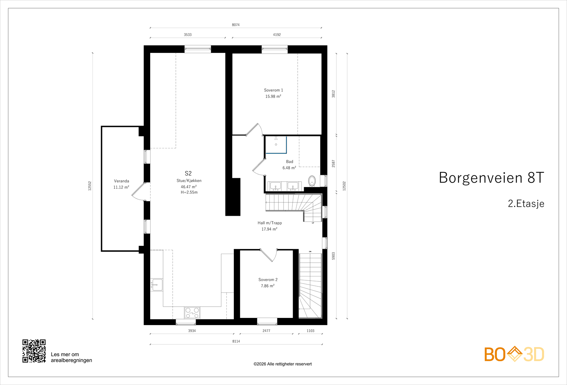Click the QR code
coord(34,351)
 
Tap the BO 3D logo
coord(514,354)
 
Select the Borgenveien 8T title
coord(491,178)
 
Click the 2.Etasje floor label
coord(526,204)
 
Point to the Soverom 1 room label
coord(273,90)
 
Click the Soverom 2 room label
coord(268,280)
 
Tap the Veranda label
coord(122,181)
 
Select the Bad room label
coord(290,162)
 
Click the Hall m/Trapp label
coord(270,223)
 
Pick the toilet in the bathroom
coord(312,181)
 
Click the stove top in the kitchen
coord(192,313)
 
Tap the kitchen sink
coord(157,285)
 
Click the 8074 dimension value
coord(236,25)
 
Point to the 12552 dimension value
coord(90,186)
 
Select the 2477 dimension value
coord(266,331)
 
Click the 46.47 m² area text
coord(189,187)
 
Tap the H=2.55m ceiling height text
coord(189,192)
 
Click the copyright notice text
coord(282,364)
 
